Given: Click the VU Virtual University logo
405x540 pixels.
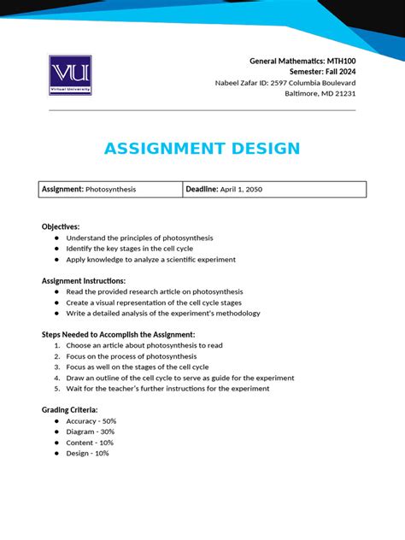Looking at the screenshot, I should point(70,75).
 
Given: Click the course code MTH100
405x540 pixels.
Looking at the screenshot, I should point(338,62).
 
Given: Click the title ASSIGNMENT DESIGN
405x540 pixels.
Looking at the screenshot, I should point(202,149).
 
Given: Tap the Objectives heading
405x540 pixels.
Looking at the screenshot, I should point(61,226).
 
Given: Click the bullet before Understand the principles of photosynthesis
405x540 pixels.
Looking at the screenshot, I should point(56,238).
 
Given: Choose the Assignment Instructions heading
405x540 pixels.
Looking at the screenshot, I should point(84,281).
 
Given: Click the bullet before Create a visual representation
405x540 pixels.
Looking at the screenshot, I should point(56,302).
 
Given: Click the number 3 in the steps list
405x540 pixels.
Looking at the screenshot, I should point(56,367).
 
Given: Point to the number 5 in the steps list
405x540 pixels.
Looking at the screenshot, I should point(56,388).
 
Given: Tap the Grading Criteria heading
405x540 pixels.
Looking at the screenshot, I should point(70,410).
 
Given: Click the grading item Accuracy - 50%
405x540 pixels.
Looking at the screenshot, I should point(91,421).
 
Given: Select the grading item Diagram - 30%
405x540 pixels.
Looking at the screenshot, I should point(90,431).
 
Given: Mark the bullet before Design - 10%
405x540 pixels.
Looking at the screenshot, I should point(56,453).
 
